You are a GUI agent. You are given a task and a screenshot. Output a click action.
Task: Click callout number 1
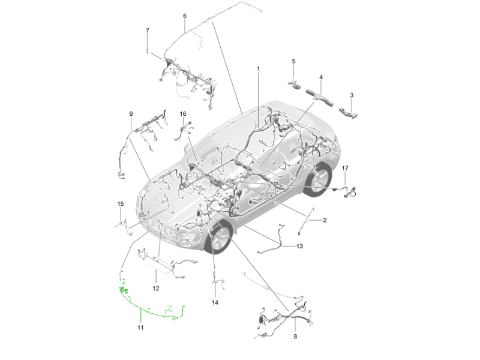click(x=258, y=69)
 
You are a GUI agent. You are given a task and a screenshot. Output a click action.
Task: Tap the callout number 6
click(x=185, y=16)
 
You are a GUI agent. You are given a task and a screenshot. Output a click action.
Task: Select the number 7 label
click(x=148, y=31)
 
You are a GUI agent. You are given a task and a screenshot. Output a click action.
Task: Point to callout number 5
click(x=293, y=61)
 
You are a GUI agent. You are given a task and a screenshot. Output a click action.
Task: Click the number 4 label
click(x=321, y=77)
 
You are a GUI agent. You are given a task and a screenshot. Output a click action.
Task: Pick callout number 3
click(x=352, y=95)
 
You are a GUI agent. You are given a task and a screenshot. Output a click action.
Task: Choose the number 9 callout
click(x=131, y=114)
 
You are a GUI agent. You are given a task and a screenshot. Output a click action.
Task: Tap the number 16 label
click(x=183, y=114)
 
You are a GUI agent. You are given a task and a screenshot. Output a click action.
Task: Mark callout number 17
click(x=345, y=168)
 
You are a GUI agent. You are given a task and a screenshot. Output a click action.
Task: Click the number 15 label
click(x=121, y=204)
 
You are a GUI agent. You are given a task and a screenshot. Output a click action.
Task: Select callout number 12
click(x=156, y=289)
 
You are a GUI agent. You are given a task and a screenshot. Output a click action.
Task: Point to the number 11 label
click(x=140, y=328)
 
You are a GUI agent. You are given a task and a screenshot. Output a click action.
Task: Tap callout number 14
click(x=215, y=303)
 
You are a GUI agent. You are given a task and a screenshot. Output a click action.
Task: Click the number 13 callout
click(x=299, y=246)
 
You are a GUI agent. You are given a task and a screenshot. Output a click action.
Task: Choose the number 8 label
click(x=295, y=337)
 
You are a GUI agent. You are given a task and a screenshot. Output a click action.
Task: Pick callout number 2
click(x=325, y=220)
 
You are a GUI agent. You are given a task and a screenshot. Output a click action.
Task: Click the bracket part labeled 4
click(x=320, y=98)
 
